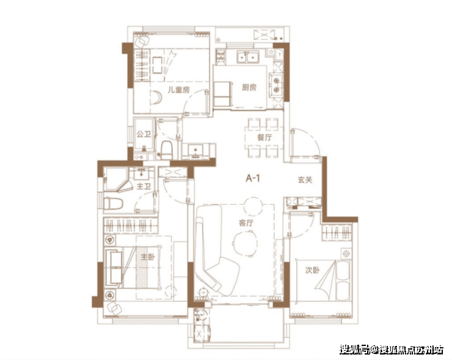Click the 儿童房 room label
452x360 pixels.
point(179,90)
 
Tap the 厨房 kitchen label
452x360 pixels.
point(249,87)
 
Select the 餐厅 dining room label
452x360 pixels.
point(264,137)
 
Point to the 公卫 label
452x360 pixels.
point(144,134)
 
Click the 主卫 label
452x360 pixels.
point(144,186)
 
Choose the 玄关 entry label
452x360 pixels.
point(305,180)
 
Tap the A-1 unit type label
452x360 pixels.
point(253,178)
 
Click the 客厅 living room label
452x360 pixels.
point(246,222)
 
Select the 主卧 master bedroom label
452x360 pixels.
point(148,257)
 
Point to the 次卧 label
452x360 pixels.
point(313,270)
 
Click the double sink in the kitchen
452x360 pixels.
point(248,57)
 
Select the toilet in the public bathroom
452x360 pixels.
point(166,150)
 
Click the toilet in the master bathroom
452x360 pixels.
point(113,204)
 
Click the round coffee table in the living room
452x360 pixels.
point(245,244)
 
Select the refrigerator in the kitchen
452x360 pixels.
point(222,94)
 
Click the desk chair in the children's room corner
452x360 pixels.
point(142,41)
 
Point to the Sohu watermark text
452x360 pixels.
point(392,350)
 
